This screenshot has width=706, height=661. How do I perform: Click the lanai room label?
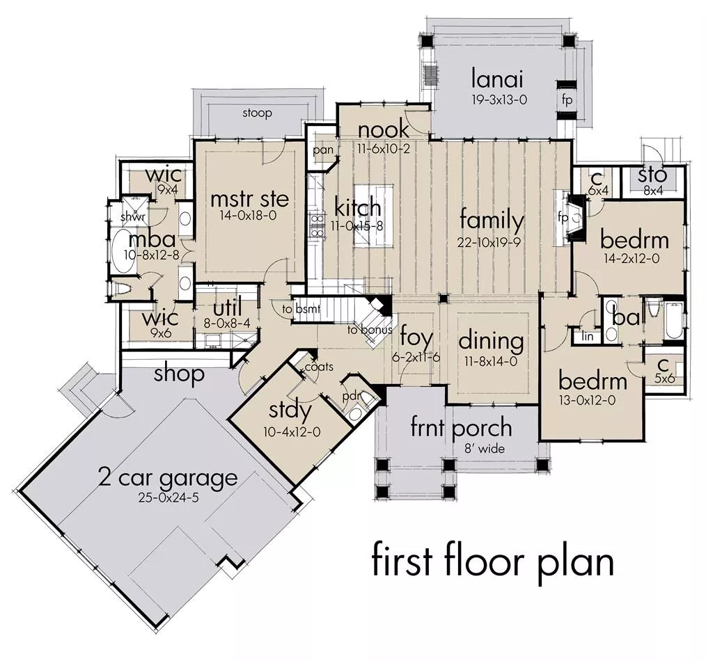coord(497,79)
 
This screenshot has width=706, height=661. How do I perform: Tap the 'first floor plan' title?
coord(492,562)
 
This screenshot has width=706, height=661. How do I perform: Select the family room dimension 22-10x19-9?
coord(489,243)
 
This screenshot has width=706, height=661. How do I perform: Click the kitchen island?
coord(373,215)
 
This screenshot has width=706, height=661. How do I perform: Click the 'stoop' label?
coord(257,113)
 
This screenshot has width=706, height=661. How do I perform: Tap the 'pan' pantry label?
coord(323,150)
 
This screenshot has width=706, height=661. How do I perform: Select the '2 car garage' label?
coord(168,478)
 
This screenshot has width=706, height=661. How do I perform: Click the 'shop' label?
coord(179,374)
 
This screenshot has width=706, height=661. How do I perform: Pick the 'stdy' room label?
coord(290,411)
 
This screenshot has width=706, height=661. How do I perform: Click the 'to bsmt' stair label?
coord(301,309)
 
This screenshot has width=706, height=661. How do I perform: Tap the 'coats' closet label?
coord(319,367)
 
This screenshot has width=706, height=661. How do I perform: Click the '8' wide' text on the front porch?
coord(485,448)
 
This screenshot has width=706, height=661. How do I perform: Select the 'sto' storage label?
coord(652,175)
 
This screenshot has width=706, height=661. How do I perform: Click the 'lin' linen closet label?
coord(587,336)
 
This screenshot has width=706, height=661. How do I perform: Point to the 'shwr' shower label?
coord(133,217)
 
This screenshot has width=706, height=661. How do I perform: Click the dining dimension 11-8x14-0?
coord(491,361)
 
